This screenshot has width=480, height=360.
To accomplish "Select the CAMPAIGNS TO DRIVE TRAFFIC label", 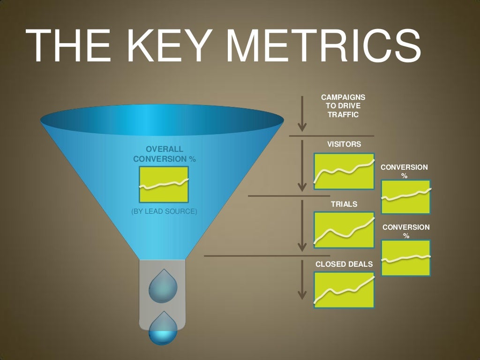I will (x=343, y=105).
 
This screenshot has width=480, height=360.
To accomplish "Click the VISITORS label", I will (x=344, y=144).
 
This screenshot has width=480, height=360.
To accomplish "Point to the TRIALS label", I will (x=344, y=204).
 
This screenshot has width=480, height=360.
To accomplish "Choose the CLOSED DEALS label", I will (x=344, y=264).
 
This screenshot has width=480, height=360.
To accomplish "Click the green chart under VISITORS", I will (x=345, y=171).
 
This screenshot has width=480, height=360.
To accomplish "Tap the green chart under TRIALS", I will (x=345, y=230).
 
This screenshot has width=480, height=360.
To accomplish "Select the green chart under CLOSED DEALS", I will (x=345, y=290).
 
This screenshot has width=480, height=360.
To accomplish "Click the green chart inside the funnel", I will (x=164, y=184).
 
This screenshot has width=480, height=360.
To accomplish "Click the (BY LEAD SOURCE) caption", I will (x=164, y=211).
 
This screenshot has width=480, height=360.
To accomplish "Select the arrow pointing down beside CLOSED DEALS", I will (x=302, y=280).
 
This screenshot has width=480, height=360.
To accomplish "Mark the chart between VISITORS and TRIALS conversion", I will (x=406, y=197).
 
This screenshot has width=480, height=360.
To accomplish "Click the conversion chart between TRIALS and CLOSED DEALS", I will (x=406, y=257).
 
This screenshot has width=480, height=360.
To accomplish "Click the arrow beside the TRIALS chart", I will (x=302, y=226).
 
